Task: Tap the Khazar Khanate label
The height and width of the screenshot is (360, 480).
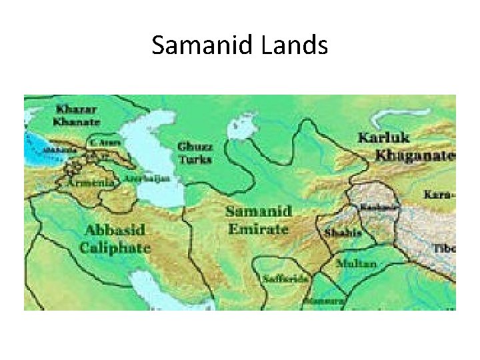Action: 78,115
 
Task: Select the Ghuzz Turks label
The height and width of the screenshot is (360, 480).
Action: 195,153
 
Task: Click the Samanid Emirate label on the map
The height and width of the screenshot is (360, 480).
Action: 257,219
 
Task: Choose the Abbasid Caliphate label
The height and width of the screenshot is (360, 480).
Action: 115,238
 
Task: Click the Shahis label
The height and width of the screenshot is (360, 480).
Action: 343,233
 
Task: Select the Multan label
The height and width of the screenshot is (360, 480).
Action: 356,263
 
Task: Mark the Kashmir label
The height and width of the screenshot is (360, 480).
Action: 378,207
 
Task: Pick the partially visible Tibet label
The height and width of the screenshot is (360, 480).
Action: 445,247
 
